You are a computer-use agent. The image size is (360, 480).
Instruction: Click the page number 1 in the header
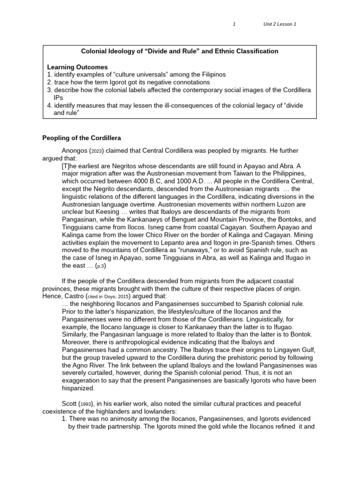[234, 24]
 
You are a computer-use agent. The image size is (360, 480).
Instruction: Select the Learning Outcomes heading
[77, 67]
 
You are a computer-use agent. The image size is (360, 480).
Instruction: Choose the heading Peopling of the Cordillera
[82, 138]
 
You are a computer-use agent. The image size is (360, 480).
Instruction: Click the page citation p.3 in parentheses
[100, 266]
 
